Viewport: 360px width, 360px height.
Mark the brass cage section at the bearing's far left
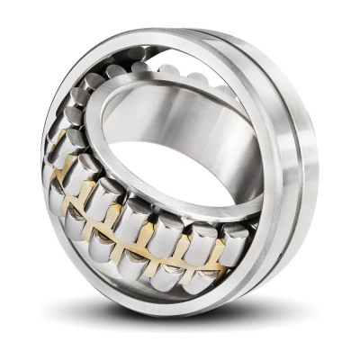pos(56,148)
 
